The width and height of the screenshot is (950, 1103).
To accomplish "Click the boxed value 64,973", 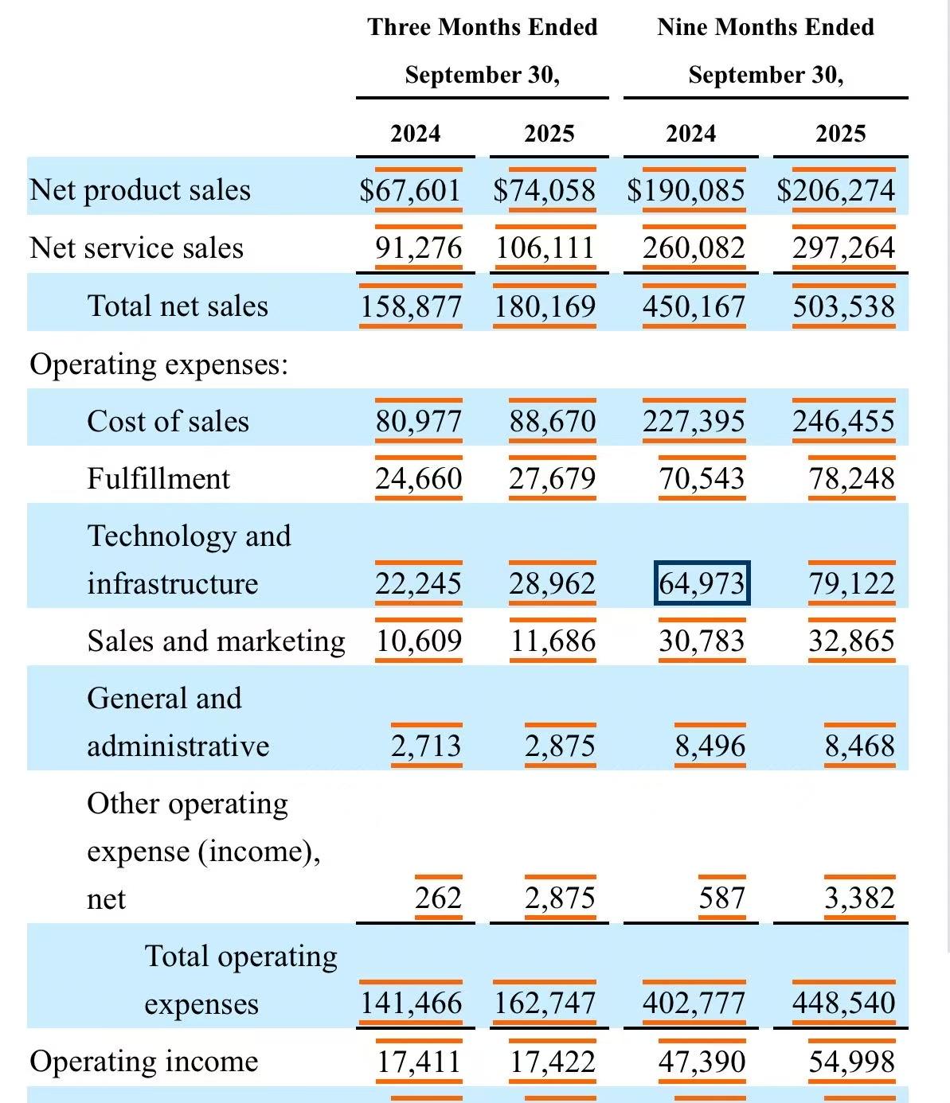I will pyautogui.click(x=702, y=583).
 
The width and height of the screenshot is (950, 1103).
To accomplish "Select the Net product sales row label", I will pyautogui.click(x=140, y=190).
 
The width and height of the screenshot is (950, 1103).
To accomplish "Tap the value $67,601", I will pyautogui.click(x=410, y=190).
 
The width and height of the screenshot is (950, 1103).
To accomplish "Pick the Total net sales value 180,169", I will pyautogui.click(x=545, y=306).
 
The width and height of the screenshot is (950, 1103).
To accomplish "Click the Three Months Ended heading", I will pyautogui.click(x=483, y=27).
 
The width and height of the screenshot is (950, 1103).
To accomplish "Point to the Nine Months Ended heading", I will pyautogui.click(x=765, y=27).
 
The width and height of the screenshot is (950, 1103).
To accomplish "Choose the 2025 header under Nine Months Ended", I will pyautogui.click(x=840, y=133).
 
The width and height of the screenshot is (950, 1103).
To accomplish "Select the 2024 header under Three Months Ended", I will pyautogui.click(x=415, y=133).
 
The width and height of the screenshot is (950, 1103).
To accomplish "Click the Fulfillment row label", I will pyautogui.click(x=158, y=479).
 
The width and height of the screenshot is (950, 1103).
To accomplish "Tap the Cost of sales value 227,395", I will pyautogui.click(x=694, y=421).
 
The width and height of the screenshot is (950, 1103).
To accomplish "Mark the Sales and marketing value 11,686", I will pyautogui.click(x=553, y=641).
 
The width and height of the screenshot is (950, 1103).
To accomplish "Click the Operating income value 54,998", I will pyautogui.click(x=851, y=1062).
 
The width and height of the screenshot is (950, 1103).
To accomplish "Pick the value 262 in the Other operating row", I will pyautogui.click(x=438, y=898).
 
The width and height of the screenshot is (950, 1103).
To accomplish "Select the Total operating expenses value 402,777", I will pyautogui.click(x=694, y=1004).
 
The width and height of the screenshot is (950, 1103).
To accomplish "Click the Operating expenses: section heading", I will pyautogui.click(x=158, y=364).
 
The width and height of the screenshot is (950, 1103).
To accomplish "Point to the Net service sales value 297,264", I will pyautogui.click(x=843, y=247).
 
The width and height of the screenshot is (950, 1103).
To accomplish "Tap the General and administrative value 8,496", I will pyautogui.click(x=710, y=746).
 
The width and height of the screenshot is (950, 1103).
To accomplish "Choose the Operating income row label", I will pyautogui.click(x=144, y=1062).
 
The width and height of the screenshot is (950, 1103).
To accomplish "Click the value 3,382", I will pyautogui.click(x=859, y=898).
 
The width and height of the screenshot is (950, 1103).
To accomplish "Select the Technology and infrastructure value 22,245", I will pyautogui.click(x=418, y=583).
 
